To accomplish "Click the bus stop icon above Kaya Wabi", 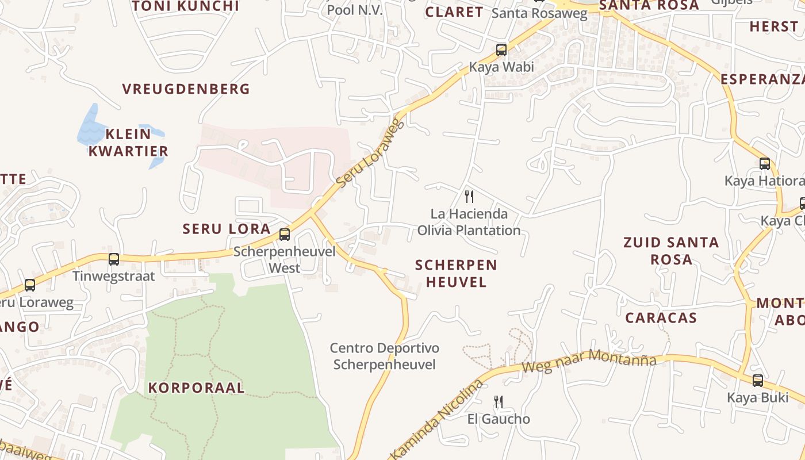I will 501,50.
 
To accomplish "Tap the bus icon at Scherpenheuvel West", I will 284,234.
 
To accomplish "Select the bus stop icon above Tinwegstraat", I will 114,259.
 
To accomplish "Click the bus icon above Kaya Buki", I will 758,380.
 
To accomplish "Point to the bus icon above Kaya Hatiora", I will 764,164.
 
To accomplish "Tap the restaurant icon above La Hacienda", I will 469,197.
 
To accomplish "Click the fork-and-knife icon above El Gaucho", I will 499,401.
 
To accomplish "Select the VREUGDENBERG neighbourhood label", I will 186,89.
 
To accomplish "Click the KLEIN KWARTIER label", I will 128,143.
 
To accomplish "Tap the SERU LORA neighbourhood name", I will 227,229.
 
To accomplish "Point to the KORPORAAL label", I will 197,388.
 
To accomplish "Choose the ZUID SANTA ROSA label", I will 671,251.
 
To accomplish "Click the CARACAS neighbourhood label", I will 661,318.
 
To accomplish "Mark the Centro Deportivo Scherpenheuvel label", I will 384,356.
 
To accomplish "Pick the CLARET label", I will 454,12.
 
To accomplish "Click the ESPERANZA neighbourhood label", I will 762,79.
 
